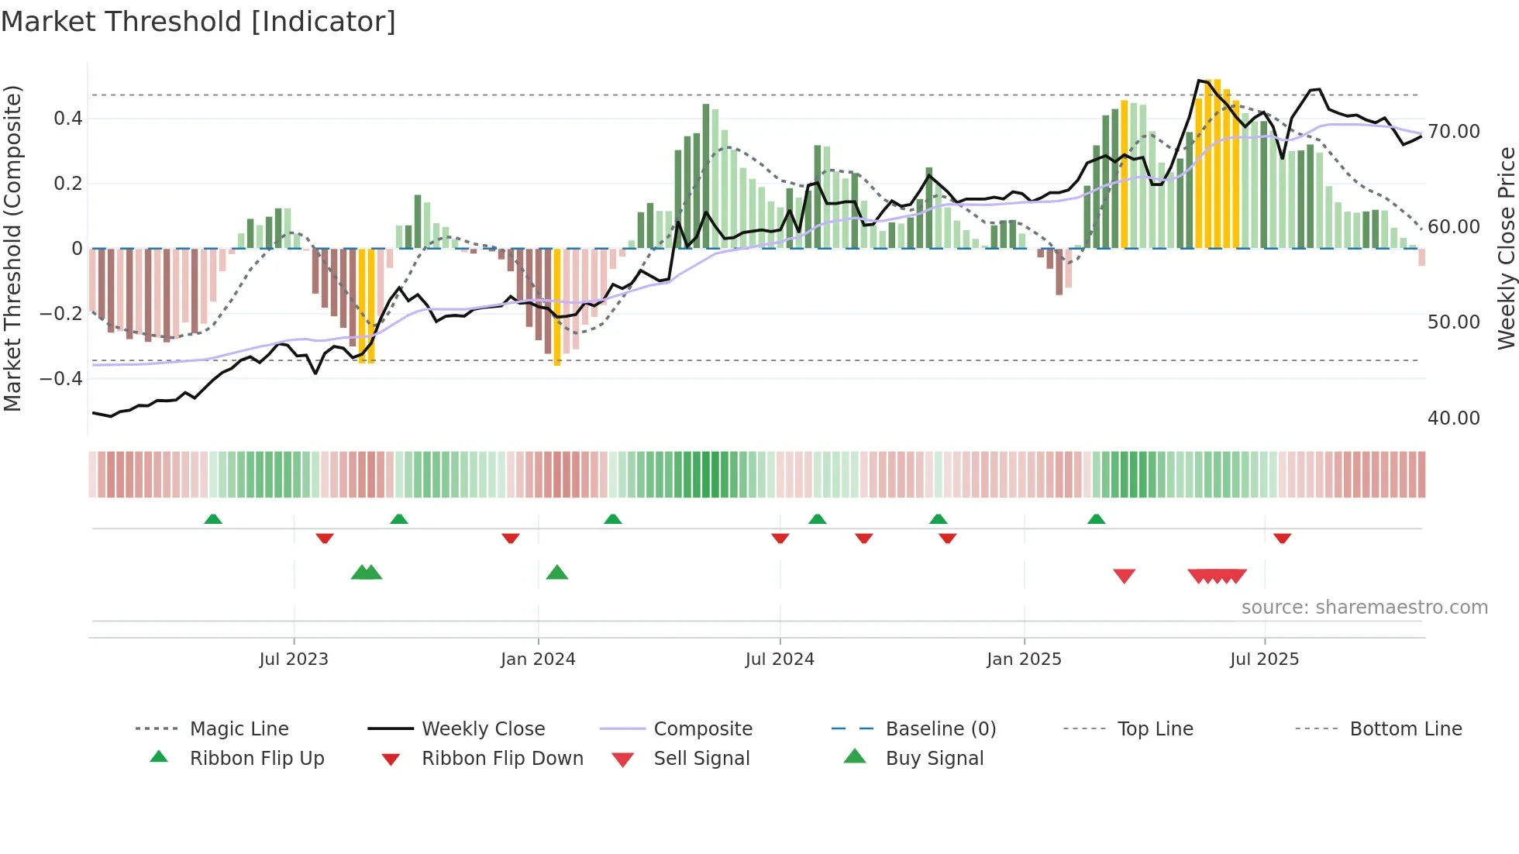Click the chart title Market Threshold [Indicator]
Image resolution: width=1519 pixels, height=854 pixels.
coord(198,22)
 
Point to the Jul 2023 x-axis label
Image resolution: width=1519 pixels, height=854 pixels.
coord(294,659)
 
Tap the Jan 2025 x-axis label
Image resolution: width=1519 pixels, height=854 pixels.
coord(1024,659)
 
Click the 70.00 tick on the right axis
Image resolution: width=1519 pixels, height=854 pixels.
coord(1454,132)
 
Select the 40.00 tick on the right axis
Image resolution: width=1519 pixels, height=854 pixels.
coord(1454,418)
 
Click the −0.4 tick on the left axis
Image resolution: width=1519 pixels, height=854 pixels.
coord(61,379)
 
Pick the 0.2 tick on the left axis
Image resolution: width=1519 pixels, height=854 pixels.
coord(67,184)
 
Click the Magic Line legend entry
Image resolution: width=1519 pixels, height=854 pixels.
coord(239,729)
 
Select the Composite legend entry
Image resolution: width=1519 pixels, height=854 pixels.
coord(703,729)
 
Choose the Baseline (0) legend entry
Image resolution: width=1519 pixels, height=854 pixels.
coord(940,729)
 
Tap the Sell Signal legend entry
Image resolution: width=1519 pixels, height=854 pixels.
coord(701,759)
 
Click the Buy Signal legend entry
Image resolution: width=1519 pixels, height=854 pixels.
coord(934,759)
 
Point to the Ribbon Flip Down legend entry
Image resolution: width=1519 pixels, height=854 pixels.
coord(502,759)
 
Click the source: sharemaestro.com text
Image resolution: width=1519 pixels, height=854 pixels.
coord(1364,608)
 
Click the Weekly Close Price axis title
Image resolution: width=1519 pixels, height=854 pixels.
coord(1506,248)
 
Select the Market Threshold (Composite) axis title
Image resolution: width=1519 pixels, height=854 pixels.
coord(12,248)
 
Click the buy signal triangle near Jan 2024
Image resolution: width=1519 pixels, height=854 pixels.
coord(557,573)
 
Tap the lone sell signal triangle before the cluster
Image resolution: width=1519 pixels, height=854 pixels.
coord(1124,576)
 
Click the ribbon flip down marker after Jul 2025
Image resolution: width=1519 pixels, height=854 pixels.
coord(1282,538)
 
